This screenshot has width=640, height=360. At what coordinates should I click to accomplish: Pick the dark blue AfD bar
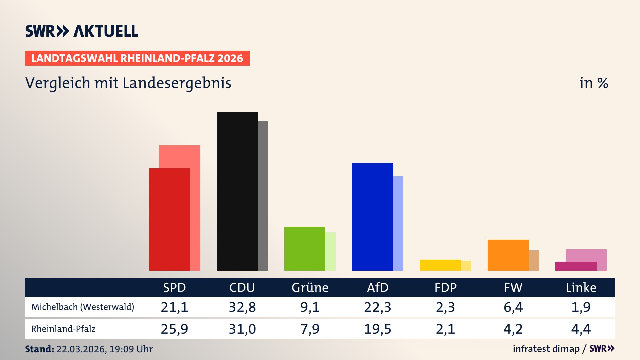pyautogui.click(x=372, y=217)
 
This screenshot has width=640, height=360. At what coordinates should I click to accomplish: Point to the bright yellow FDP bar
pyautogui.click(x=440, y=265)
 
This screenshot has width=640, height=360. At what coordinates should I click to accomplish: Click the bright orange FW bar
pyautogui.click(x=508, y=255)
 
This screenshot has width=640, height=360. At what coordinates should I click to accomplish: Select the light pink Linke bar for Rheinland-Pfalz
pyautogui.click(x=586, y=255)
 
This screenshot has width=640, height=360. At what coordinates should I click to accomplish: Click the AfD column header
pyautogui.click(x=377, y=287)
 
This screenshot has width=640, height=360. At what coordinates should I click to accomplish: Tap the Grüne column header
pyautogui.click(x=310, y=287)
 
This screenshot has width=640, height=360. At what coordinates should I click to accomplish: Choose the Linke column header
pyautogui.click(x=581, y=287)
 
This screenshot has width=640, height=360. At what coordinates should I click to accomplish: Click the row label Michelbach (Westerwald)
pyautogui.click(x=83, y=307)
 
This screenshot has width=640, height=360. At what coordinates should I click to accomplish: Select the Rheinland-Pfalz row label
pyautogui.click(x=63, y=329)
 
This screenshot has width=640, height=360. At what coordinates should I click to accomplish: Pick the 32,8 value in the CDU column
pyautogui.click(x=242, y=307)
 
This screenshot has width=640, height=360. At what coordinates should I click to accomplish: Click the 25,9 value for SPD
pyautogui.click(x=174, y=329)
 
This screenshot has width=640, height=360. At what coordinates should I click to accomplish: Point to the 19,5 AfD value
pyautogui.click(x=377, y=329)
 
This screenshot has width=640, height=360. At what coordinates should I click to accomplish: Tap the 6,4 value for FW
pyautogui.click(x=513, y=307)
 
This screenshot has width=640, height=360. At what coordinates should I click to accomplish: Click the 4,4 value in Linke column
pyautogui.click(x=581, y=329)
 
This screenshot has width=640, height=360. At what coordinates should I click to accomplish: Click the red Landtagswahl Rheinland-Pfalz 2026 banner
pyautogui.click(x=137, y=58)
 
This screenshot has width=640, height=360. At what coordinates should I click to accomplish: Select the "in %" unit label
pyautogui.click(x=593, y=83)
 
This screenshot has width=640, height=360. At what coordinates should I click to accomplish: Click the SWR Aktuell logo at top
pyautogui.click(x=81, y=31)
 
